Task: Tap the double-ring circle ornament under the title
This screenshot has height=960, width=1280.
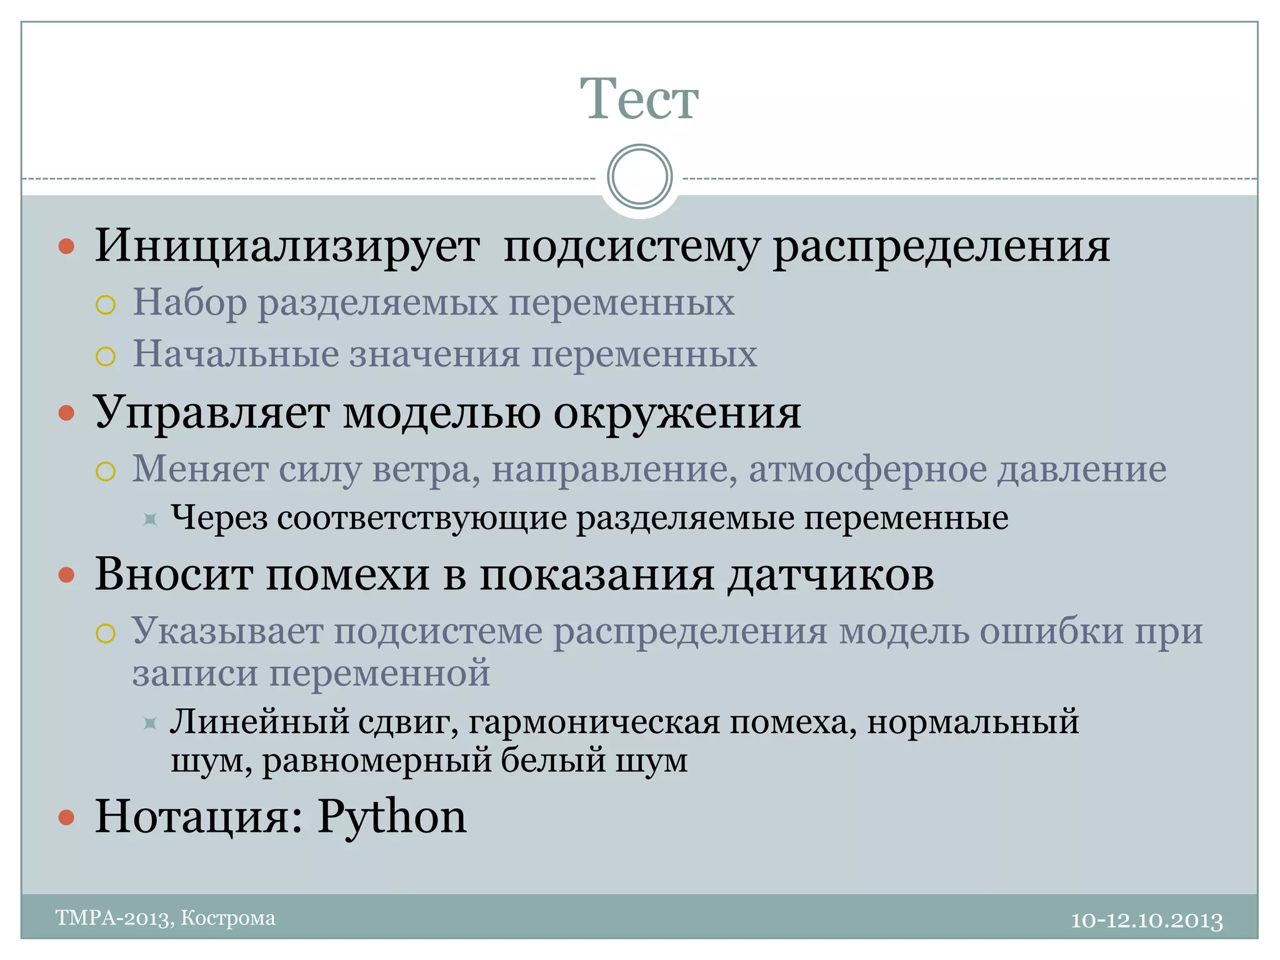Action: click(x=639, y=177)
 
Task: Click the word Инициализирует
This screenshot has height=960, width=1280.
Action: click(x=287, y=246)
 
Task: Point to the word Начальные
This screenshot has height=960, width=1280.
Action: click(x=235, y=354)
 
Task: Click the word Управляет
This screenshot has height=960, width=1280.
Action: click(x=211, y=412)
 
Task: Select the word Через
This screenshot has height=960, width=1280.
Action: click(x=219, y=518)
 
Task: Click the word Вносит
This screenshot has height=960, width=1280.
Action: click(x=174, y=574)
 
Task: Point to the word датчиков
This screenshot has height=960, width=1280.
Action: click(x=831, y=574)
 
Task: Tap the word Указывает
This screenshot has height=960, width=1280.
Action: click(x=227, y=631)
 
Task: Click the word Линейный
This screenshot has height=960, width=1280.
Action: click(x=259, y=722)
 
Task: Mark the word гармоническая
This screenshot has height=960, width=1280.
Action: click(x=594, y=722)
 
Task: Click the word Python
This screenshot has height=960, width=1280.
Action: click(x=392, y=817)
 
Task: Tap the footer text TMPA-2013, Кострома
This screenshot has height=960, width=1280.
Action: click(x=166, y=917)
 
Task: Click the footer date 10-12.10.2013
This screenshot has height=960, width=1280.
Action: click(x=1147, y=920)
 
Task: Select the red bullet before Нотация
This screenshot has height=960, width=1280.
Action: click(x=66, y=817)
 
